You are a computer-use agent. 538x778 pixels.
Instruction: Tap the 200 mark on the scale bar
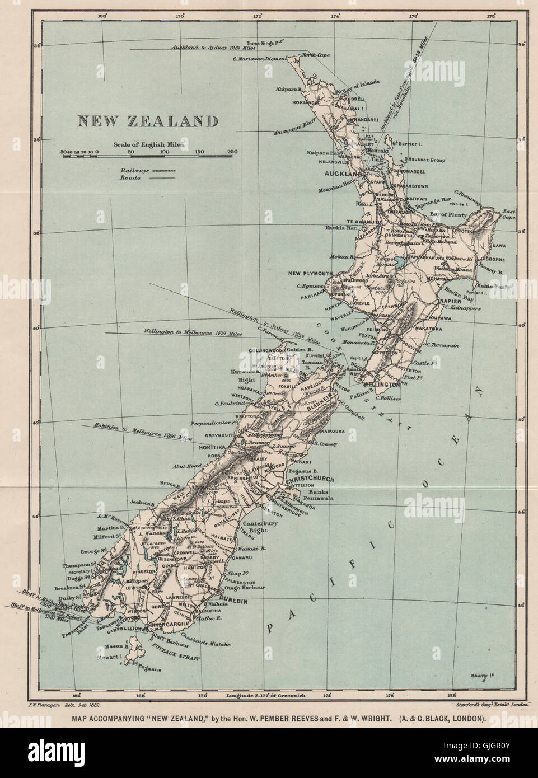[x=233, y=151]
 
